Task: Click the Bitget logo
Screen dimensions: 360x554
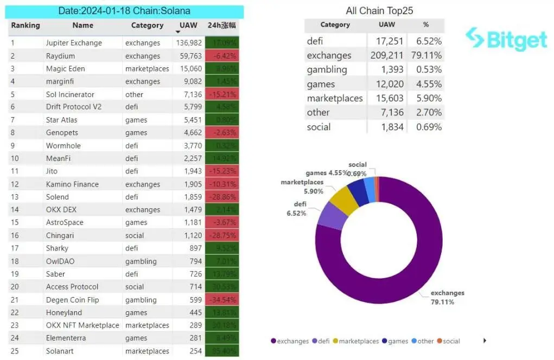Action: (x=506, y=38)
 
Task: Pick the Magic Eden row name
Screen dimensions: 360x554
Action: (x=65, y=69)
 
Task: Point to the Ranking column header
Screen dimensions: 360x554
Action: (x=26, y=25)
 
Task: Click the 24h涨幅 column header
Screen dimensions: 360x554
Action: (x=222, y=25)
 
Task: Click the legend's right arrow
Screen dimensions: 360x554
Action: (x=485, y=340)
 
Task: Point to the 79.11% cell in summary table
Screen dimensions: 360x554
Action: (x=429, y=55)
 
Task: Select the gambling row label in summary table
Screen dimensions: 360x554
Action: (x=327, y=69)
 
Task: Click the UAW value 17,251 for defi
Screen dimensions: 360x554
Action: (x=387, y=41)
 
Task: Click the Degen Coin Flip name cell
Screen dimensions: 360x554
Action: (x=72, y=300)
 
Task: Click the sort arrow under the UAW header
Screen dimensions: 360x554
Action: (x=177, y=32)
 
